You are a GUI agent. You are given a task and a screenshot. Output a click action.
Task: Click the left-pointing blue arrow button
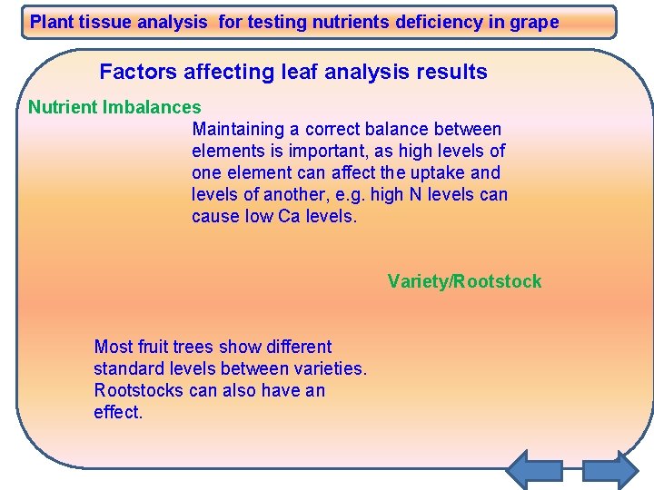(x=532, y=470)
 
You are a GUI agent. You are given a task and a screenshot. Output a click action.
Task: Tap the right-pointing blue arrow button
(x=610, y=470)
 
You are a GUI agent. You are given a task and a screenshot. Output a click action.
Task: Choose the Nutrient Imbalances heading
(x=114, y=108)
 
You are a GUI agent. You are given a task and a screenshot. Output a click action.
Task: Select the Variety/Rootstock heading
(x=464, y=281)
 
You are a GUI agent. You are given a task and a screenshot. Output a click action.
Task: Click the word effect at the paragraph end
(x=118, y=413)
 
